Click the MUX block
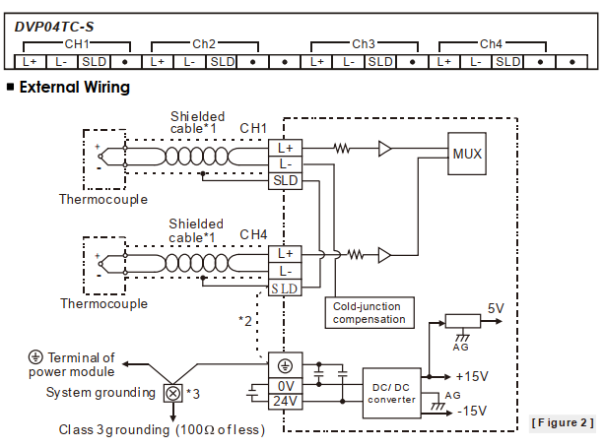(467, 155)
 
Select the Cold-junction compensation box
(369, 312)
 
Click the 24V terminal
(284, 402)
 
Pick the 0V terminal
(284, 386)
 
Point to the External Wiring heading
(74, 88)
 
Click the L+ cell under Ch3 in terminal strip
(316, 61)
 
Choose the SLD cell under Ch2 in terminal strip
(222, 61)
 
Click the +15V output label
(473, 376)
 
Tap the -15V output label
(474, 411)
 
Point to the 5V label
(496, 308)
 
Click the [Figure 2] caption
(562, 422)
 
